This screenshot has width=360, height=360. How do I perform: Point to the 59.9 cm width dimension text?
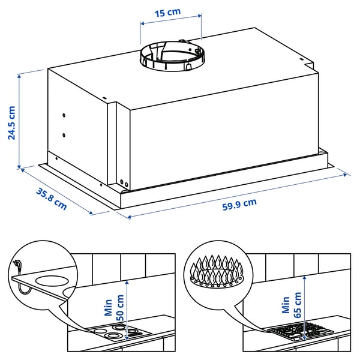point(239,203)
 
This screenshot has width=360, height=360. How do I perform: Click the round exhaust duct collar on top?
point(171,56)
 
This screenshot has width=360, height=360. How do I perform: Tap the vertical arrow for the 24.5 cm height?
point(20,120)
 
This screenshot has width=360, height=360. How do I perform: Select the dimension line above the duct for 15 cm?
point(171,24)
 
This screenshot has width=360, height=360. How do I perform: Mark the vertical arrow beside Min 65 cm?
point(305,303)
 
